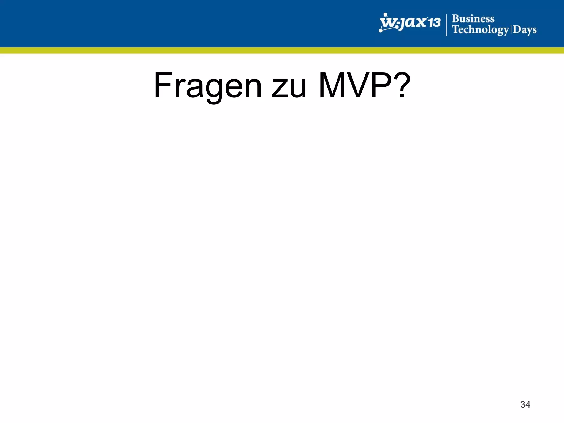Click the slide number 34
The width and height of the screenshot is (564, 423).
pos(525,404)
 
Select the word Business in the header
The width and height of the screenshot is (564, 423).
pos(473,19)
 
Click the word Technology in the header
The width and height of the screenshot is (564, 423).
pos(481,29)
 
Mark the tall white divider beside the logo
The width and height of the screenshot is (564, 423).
pos(446,25)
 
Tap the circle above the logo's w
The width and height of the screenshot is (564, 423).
pos(386,14)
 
